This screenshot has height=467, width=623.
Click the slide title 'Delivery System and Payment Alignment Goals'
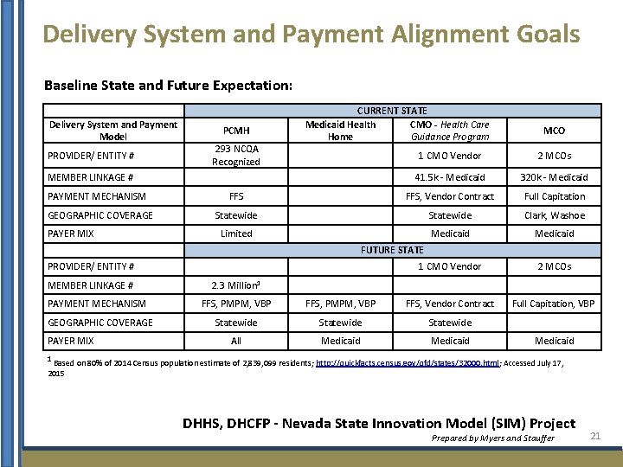(311, 34)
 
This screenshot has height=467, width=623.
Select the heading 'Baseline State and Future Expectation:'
(168, 86)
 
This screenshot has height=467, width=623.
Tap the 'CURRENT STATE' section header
(393, 111)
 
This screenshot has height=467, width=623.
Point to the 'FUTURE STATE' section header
(392, 250)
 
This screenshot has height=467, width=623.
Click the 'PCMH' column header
(236, 131)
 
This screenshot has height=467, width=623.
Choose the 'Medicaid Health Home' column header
(340, 131)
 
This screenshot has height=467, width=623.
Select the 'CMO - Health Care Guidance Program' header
(450, 131)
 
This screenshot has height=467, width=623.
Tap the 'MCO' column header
(554, 131)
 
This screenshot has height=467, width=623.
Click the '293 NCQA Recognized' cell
(236, 156)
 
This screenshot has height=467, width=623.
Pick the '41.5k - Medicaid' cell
(450, 177)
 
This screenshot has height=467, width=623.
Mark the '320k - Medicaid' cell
(554, 177)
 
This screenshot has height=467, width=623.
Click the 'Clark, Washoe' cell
(554, 215)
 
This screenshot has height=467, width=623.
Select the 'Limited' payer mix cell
(236, 233)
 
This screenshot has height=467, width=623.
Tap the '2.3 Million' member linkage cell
(236, 285)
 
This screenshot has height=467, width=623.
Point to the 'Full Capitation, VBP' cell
(554, 304)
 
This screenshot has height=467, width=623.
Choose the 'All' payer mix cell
(236, 341)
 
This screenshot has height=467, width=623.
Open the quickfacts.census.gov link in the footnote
(399, 363)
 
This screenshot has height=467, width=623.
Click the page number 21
(594, 436)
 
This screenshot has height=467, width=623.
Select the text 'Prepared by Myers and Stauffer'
(492, 438)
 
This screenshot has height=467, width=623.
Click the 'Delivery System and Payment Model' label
(113, 131)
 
